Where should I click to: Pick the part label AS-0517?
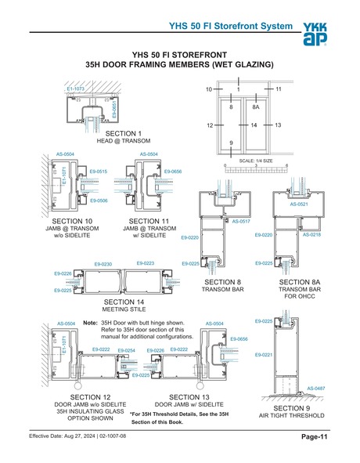pos(240,222)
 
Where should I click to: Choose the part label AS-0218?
pos(312,234)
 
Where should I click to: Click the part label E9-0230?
pos(103,265)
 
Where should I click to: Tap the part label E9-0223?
pos(146,263)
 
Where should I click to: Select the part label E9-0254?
pos(127,350)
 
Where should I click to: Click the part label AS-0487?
pos(315,388)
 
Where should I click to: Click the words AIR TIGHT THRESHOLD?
pos(291,415)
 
